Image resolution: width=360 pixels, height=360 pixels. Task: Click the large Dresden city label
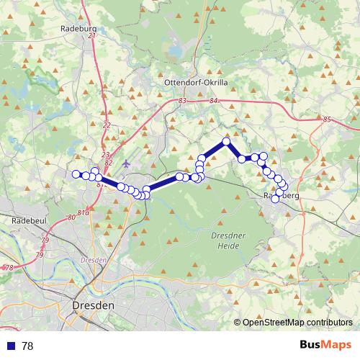point(93,305)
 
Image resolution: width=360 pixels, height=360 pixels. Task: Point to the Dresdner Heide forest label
point(229,240)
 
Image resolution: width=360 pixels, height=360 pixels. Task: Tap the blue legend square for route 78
point(11,346)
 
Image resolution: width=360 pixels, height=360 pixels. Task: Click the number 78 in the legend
point(27,346)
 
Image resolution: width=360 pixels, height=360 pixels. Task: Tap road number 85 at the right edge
point(328,119)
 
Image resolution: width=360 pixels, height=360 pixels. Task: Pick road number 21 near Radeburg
point(91,35)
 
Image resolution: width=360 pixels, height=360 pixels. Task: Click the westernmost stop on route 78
point(76,174)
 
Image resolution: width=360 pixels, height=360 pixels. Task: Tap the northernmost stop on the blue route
point(226,142)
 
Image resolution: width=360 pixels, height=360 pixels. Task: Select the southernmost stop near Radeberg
point(274,199)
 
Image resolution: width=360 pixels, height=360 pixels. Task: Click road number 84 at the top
point(214,101)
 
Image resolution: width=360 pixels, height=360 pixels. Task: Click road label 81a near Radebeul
point(83,213)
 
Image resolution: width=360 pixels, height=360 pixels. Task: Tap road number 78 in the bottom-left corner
point(9,268)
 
